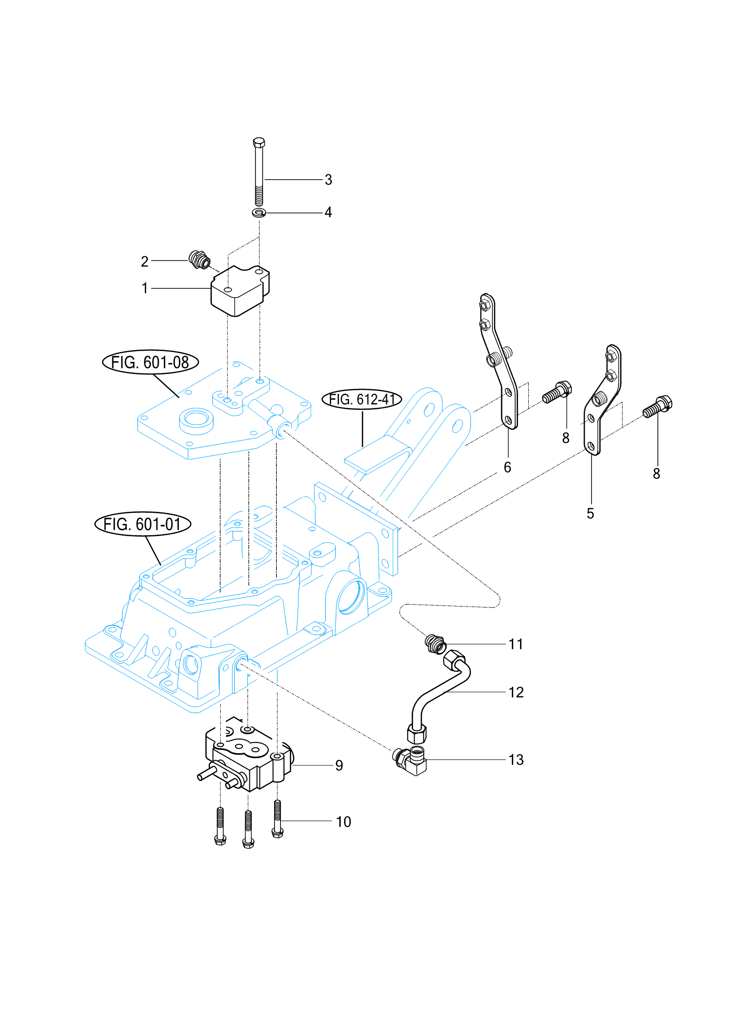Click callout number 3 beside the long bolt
click(x=329, y=180)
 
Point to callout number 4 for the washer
click(x=329, y=212)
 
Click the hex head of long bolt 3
click(x=259, y=142)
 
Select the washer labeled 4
click(x=259, y=213)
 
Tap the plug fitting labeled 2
click(x=199, y=260)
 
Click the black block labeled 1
click(x=240, y=290)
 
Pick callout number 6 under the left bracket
click(x=507, y=467)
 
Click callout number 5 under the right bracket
click(x=590, y=513)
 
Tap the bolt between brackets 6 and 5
click(x=557, y=392)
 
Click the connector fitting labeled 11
click(x=435, y=644)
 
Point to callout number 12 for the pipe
click(x=516, y=693)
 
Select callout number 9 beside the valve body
click(x=339, y=766)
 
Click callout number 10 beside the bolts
click(x=344, y=822)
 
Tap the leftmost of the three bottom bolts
click(x=220, y=826)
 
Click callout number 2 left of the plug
click(x=144, y=262)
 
